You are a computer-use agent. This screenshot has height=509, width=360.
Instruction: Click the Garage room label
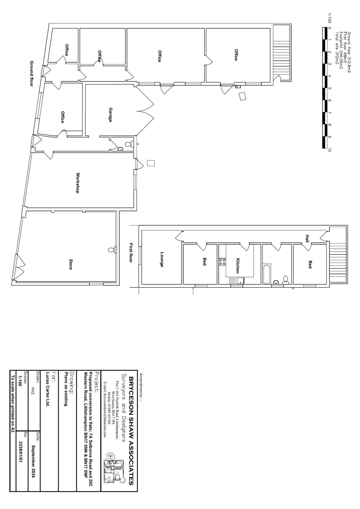[x=110, y=115]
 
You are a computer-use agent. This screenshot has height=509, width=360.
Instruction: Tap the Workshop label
[x=78, y=183]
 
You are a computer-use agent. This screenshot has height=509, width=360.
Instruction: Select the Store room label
[x=71, y=264]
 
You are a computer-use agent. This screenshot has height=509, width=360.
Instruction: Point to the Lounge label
[x=162, y=259]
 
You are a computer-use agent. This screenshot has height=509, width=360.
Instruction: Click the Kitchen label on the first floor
[x=238, y=266]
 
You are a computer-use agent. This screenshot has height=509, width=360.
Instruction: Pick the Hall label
[x=307, y=238]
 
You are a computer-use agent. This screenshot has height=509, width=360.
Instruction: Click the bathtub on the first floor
[x=267, y=274]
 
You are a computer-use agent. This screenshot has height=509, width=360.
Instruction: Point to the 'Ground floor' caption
[x=32, y=73]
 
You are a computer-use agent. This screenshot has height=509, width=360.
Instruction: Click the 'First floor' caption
[x=131, y=253]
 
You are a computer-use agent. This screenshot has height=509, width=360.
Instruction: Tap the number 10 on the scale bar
[x=330, y=150]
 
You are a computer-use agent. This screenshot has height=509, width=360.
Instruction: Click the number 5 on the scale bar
[x=330, y=88]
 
